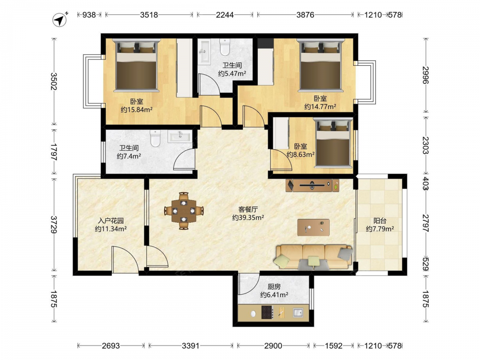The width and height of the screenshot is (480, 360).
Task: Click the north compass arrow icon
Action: coord(60,20)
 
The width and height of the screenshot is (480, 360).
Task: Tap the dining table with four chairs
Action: coord(184,211)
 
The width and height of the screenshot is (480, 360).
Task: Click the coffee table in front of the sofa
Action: coord(313,227)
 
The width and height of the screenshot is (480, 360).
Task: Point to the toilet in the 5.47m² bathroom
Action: coord(225,47)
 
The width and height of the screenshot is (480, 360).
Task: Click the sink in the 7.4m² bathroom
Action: coord(179,136)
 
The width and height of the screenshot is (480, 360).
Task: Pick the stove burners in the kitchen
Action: coord(267,312)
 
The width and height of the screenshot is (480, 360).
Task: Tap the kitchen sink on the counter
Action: coord(298,312)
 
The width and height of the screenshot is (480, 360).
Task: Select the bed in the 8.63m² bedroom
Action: coord(333,143)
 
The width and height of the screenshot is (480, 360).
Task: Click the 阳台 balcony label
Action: coord(380,221)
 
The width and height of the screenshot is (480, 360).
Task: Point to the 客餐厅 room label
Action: coord(248,210)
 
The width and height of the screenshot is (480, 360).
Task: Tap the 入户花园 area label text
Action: coord(111,221)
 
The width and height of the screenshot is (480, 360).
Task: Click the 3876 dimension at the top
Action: coord(305,15)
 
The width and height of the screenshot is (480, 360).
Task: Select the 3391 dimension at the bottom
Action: coord(191,346)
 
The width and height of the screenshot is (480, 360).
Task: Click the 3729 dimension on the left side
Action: coord(54,224)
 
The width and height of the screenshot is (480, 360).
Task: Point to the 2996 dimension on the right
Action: coord(426,75)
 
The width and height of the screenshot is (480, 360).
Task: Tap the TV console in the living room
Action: coord(312,185)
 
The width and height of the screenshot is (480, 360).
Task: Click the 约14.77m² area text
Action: coord(320,107)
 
